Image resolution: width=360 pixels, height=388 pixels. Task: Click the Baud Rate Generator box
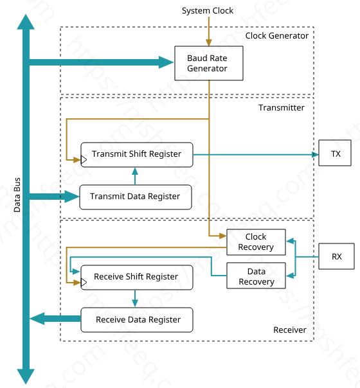[209, 63]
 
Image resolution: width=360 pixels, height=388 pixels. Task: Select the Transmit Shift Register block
[137, 155]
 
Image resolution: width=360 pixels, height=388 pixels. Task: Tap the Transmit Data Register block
[136, 197]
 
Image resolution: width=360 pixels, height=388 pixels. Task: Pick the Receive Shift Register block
[137, 278]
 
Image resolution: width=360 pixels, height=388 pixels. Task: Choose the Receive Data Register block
[137, 320]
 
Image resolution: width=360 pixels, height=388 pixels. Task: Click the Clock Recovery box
[256, 242]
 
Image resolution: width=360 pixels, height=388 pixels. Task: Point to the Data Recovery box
[256, 276]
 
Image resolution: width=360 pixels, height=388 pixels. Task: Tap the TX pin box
[335, 153]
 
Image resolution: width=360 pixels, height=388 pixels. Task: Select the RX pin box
[336, 256]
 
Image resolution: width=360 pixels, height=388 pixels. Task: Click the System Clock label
[208, 11]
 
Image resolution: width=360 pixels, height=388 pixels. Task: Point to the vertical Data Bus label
[17, 195]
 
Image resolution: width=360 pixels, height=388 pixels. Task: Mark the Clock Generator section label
[277, 35]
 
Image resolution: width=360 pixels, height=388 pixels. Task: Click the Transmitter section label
[282, 108]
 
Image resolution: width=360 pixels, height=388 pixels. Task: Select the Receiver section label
[290, 330]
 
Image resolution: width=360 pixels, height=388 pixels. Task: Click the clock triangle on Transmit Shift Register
[84, 159]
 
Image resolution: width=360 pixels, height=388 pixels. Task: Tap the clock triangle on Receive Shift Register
[84, 283]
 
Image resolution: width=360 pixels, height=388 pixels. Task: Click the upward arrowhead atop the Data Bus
[26, 22]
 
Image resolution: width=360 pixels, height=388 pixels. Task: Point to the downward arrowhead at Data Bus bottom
[26, 376]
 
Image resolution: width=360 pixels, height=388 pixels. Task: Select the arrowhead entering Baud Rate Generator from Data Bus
[166, 62]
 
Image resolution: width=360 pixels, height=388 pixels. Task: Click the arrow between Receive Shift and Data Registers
[135, 299]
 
